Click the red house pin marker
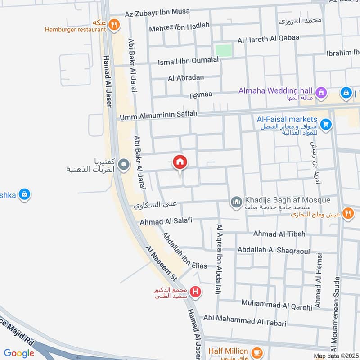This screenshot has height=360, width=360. tap(180, 162)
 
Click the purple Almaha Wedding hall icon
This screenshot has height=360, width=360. tap(321, 93)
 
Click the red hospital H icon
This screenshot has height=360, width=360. tap(196, 292)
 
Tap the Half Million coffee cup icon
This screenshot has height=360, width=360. tap(257, 351)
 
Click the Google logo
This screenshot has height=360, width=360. tap(19, 354)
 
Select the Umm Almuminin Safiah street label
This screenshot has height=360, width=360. tap(158, 117)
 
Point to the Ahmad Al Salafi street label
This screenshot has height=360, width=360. tap(166, 221)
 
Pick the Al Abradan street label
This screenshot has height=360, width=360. tap(186, 78)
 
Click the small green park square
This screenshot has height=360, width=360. tap(224, 50)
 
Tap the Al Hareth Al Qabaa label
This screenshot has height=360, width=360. tap(268, 39)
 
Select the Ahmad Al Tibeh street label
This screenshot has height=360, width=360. tap(279, 234)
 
